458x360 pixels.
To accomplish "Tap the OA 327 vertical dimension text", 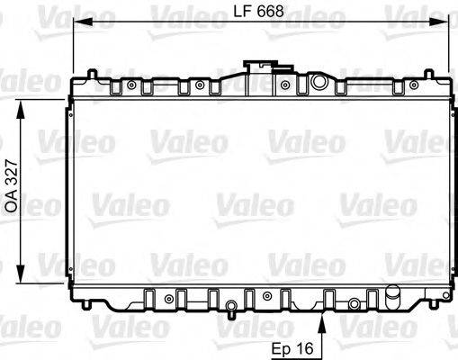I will pos(12,191).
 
